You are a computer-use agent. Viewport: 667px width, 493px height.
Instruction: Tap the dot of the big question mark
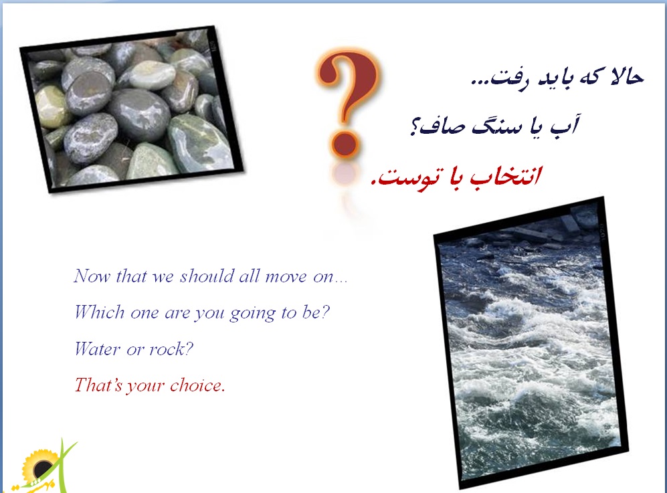(345, 142)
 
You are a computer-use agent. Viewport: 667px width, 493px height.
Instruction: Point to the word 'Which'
(100, 312)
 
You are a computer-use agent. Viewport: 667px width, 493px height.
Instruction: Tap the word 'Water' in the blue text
(98, 349)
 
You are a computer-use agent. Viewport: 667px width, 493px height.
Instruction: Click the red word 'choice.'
(197, 385)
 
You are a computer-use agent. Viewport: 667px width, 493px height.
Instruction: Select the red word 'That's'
(98, 385)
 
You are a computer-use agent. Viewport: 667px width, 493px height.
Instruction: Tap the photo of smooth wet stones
(131, 109)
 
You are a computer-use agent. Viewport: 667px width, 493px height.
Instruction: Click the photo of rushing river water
(531, 343)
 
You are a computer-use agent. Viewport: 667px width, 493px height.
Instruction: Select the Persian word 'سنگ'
(496, 126)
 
